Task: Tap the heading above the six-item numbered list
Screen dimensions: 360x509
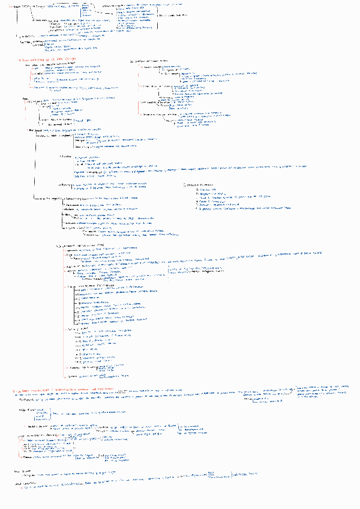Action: pyautogui.click(x=198, y=184)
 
